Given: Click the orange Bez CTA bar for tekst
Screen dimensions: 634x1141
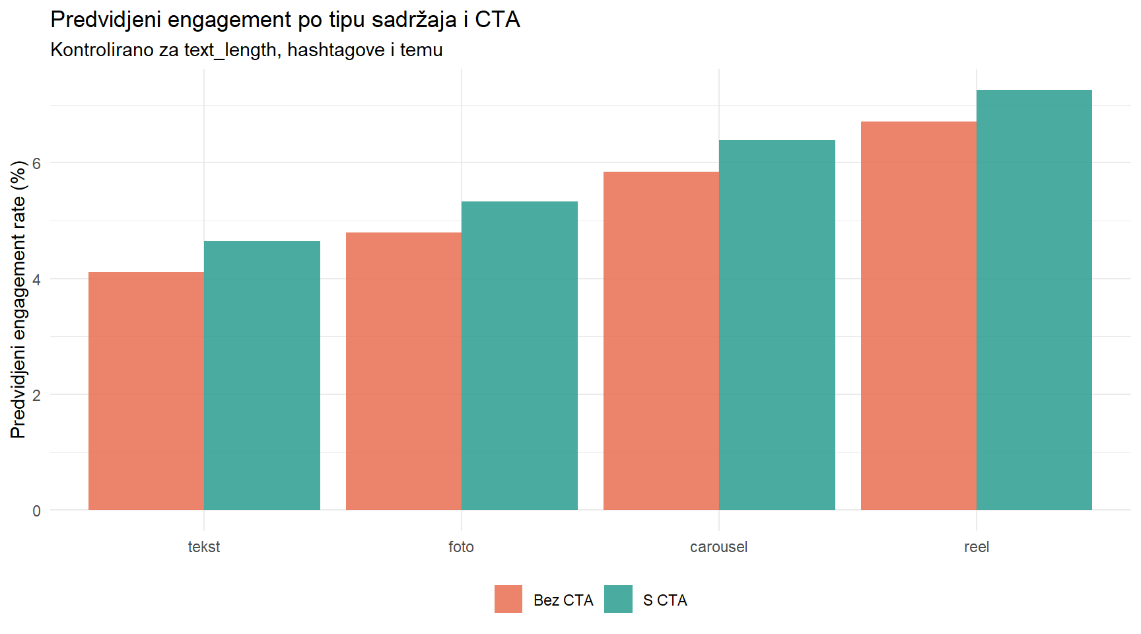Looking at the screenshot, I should tap(146, 391).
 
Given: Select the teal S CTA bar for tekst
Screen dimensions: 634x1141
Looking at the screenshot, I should tap(262, 375).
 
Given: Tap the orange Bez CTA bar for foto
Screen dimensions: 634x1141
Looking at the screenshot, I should tap(403, 371).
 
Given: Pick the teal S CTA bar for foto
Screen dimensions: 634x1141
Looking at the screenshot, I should tap(520, 355).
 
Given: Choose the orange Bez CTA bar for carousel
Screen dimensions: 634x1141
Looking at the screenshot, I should tap(661, 341).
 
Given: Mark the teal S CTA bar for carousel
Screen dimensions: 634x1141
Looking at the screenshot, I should tap(777, 325).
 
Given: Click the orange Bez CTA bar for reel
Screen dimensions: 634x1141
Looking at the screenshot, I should tap(918, 316).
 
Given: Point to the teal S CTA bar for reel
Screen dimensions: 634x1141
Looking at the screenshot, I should tap(1034, 300).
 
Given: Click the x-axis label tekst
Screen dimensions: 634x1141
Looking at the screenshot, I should tap(204, 547).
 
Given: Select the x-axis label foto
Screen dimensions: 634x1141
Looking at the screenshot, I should tap(461, 547).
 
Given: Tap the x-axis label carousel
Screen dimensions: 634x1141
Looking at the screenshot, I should tap(718, 547).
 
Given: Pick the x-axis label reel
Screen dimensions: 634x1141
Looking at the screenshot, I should tap(976, 547).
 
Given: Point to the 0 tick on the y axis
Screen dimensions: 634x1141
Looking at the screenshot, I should tap(36, 511).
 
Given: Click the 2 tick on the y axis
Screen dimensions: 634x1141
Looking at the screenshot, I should tap(36, 395).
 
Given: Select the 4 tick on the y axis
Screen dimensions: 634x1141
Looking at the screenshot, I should tap(36, 279).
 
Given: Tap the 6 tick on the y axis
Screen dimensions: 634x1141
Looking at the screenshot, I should tap(36, 163).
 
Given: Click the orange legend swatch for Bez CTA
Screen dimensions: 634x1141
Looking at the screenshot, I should tap(508, 599).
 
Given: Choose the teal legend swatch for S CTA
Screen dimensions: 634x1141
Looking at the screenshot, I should tap(618, 599).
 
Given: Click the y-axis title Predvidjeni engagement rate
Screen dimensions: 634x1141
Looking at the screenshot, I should tap(18, 299).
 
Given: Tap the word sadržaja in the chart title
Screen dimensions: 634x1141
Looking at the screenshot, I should tap(414, 20).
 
